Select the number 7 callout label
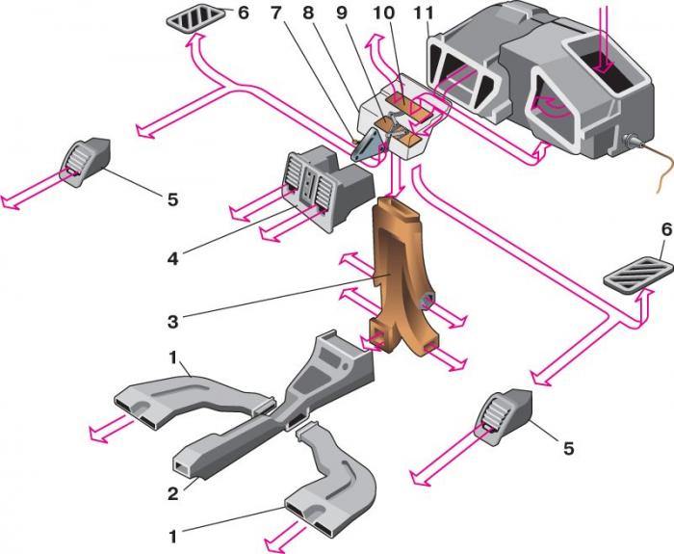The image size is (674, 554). point(276,13)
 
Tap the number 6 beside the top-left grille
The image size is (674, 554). point(243,13)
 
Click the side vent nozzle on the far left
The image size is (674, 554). point(86,160)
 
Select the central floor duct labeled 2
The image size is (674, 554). point(289,405)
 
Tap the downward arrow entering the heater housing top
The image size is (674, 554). point(604,39)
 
